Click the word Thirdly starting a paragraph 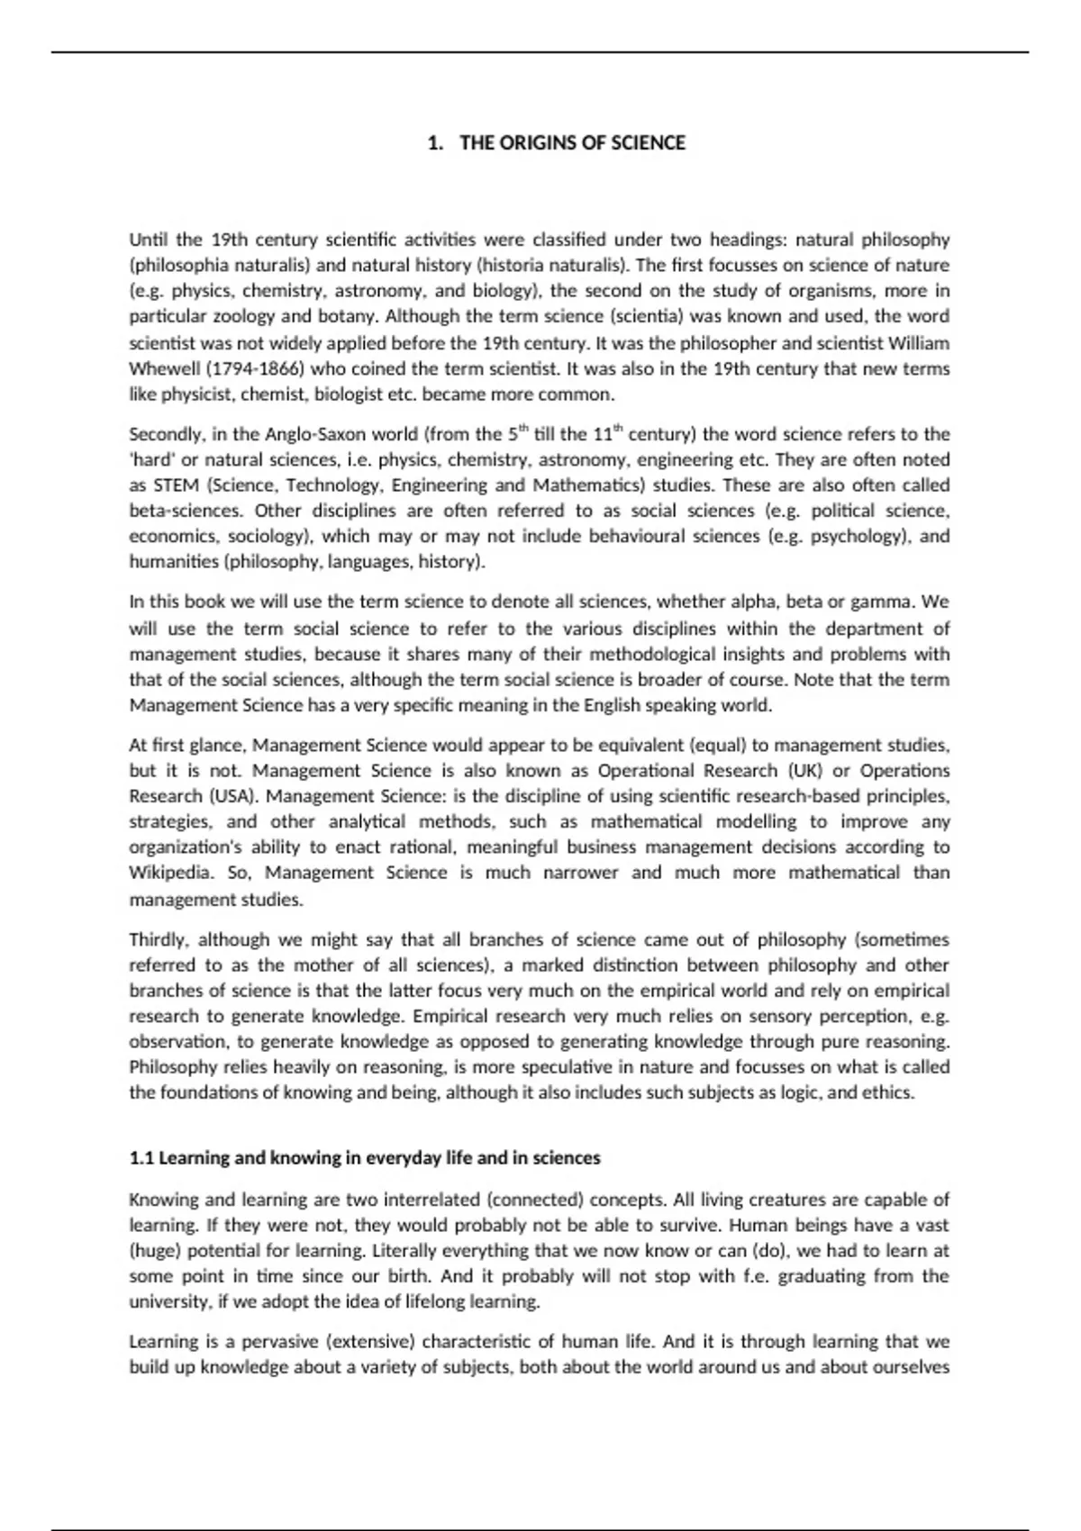[158, 940]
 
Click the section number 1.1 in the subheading [141, 1158]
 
